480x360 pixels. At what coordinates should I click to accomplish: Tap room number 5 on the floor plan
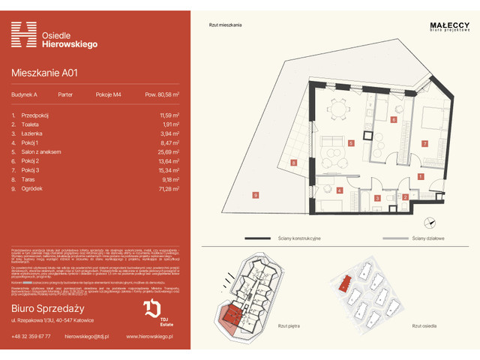tap(350, 142)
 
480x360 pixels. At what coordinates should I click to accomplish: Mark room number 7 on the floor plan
tap(424, 142)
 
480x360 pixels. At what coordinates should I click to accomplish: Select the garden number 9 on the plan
tap(255, 196)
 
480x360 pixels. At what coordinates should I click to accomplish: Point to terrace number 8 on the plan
tap(294, 162)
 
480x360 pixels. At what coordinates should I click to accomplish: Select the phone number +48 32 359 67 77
tap(32, 336)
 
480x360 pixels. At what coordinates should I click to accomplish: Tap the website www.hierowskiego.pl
tap(150, 336)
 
